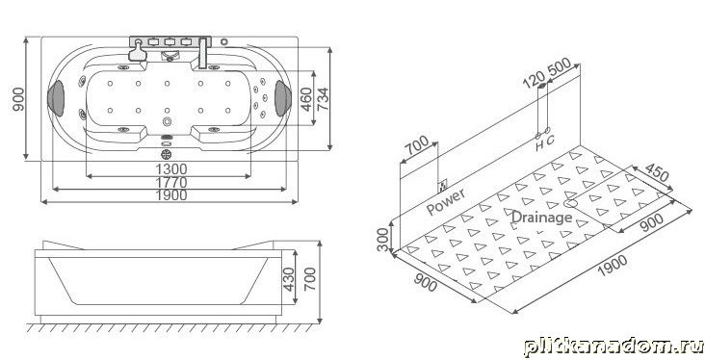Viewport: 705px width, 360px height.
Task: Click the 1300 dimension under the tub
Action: (x=171, y=169)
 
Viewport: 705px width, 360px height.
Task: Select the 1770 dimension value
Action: (x=171, y=183)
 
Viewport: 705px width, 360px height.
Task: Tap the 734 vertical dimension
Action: (x=323, y=99)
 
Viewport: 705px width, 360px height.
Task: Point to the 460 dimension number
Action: (x=305, y=99)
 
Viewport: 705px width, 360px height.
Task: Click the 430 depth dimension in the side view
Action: (x=289, y=279)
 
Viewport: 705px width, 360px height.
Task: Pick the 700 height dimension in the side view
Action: (x=310, y=278)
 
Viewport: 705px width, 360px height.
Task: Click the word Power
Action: (x=446, y=201)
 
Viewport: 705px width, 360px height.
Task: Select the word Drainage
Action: (x=542, y=218)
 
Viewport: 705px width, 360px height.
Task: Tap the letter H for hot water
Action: (x=539, y=145)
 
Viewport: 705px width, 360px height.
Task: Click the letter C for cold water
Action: (x=550, y=140)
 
